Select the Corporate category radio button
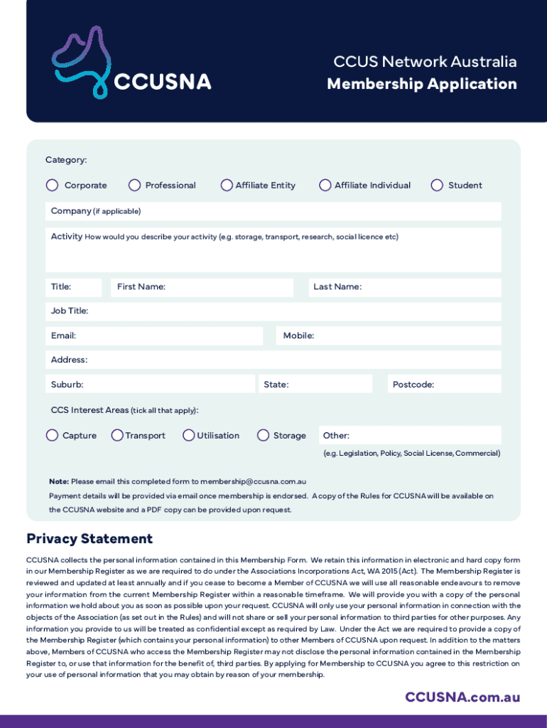point(53,186)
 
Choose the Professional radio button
point(134,186)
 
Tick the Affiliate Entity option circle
point(227,186)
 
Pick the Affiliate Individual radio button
point(325,186)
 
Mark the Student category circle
point(437,186)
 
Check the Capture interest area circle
point(53,435)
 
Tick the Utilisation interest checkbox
point(189,435)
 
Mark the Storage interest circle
point(264,435)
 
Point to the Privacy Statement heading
point(90,539)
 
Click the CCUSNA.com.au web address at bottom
point(462,697)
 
